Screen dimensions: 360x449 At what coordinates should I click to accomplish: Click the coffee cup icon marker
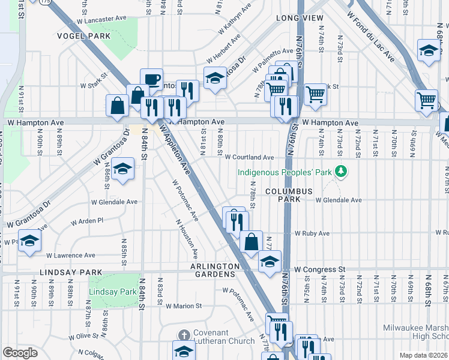[151, 79]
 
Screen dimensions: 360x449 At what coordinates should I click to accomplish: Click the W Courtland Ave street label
[249, 157]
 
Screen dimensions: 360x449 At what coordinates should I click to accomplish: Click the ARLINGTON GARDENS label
[212, 270]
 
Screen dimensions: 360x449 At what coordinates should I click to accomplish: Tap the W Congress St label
[321, 269]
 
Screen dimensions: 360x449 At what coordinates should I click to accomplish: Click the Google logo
[20, 353]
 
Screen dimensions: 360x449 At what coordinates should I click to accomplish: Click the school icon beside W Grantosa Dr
[122, 169]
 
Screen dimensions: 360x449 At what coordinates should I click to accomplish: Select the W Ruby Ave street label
[312, 233]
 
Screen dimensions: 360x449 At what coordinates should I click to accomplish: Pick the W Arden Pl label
[87, 221]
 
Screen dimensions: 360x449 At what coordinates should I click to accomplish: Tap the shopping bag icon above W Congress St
[252, 242]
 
